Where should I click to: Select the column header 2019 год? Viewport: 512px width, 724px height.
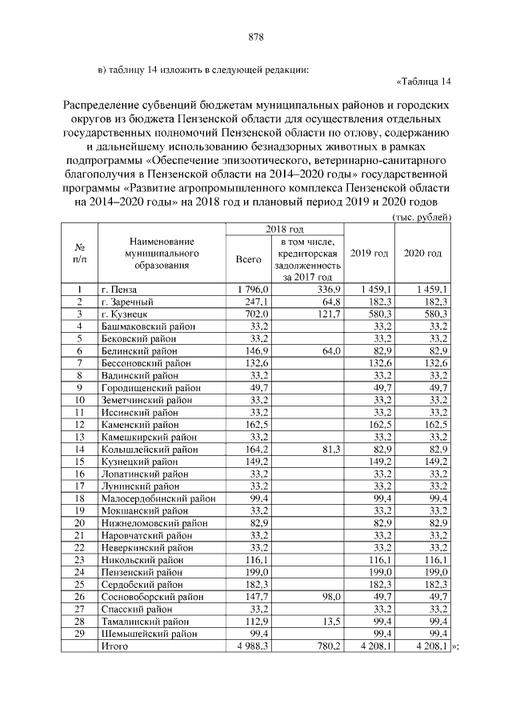pyautogui.click(x=370, y=254)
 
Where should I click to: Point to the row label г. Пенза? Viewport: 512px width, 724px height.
pyautogui.click(x=119, y=289)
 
